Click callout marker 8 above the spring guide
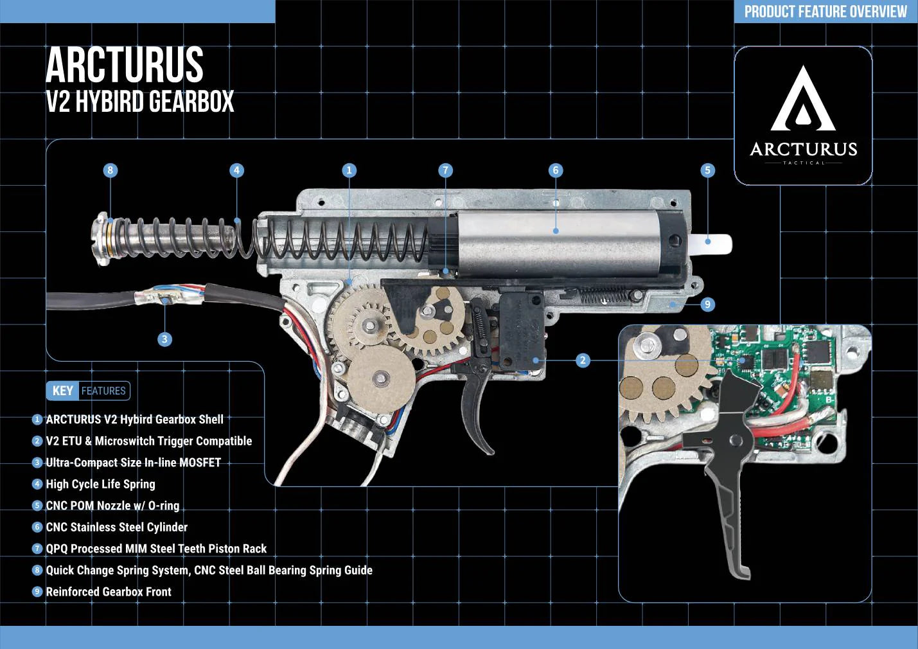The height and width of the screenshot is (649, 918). [110, 170]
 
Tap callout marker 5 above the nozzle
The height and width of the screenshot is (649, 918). [707, 170]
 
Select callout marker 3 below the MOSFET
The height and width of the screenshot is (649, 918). [164, 339]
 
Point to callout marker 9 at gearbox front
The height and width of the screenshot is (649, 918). [707, 305]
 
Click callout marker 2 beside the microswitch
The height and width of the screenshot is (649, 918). [583, 360]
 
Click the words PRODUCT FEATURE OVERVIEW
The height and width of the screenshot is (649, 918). [825, 12]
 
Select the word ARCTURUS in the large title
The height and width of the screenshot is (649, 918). [125, 65]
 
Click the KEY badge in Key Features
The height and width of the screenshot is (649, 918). [62, 391]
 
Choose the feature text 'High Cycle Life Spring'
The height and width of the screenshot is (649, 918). [100, 484]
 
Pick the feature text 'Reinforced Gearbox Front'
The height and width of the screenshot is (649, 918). [109, 592]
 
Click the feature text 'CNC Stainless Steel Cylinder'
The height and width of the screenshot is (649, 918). [116, 527]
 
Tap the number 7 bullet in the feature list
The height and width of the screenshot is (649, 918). [37, 549]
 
